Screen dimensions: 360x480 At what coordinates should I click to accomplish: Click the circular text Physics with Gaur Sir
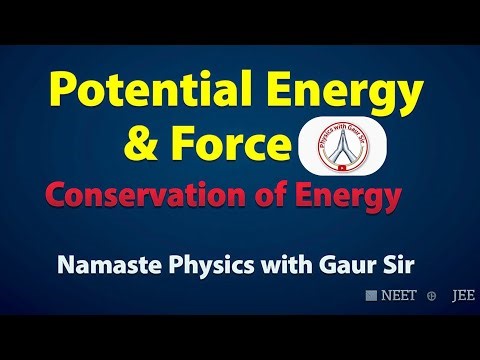click(344, 129)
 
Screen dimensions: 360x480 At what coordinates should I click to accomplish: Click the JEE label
click(463, 296)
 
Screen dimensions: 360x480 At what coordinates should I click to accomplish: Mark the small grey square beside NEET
click(370, 296)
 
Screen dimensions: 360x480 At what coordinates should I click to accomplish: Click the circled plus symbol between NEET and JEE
click(431, 296)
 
